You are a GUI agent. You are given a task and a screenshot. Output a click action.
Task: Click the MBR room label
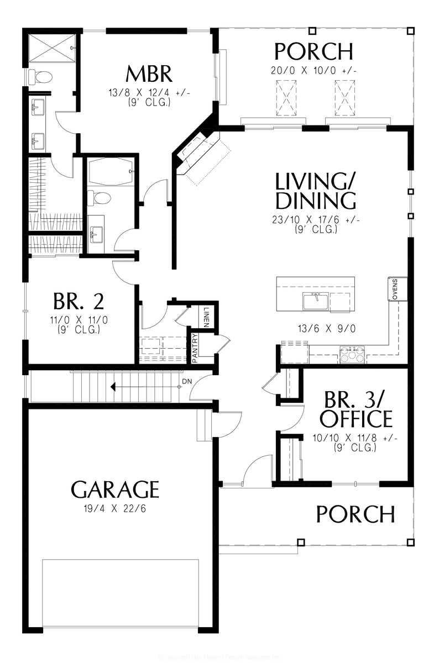pyautogui.click(x=149, y=73)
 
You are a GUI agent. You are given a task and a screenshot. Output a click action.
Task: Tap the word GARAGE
pyautogui.click(x=115, y=490)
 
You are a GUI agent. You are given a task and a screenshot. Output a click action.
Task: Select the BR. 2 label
pyautogui.click(x=79, y=302)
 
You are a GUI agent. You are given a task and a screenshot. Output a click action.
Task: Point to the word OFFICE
pyautogui.click(x=356, y=419)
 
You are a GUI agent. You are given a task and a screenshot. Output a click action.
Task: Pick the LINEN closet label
pyautogui.click(x=206, y=317)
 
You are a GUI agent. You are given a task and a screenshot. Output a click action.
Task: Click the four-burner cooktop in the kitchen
pyautogui.click(x=352, y=354)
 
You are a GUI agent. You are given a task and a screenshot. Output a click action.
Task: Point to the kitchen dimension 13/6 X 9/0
pyautogui.click(x=326, y=328)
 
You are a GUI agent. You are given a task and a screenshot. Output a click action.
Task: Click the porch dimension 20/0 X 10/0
pyautogui.click(x=313, y=71)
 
